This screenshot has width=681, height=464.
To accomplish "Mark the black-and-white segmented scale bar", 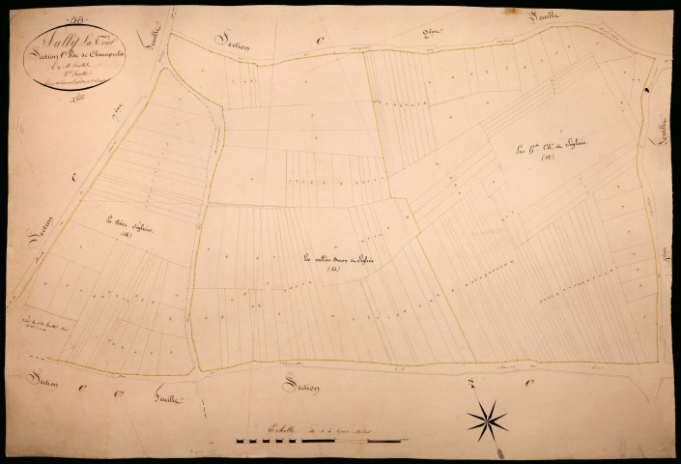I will pos(314,442).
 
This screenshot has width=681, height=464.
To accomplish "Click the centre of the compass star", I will pos(488,420).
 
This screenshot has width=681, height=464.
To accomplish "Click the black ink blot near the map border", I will pos(646,93).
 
